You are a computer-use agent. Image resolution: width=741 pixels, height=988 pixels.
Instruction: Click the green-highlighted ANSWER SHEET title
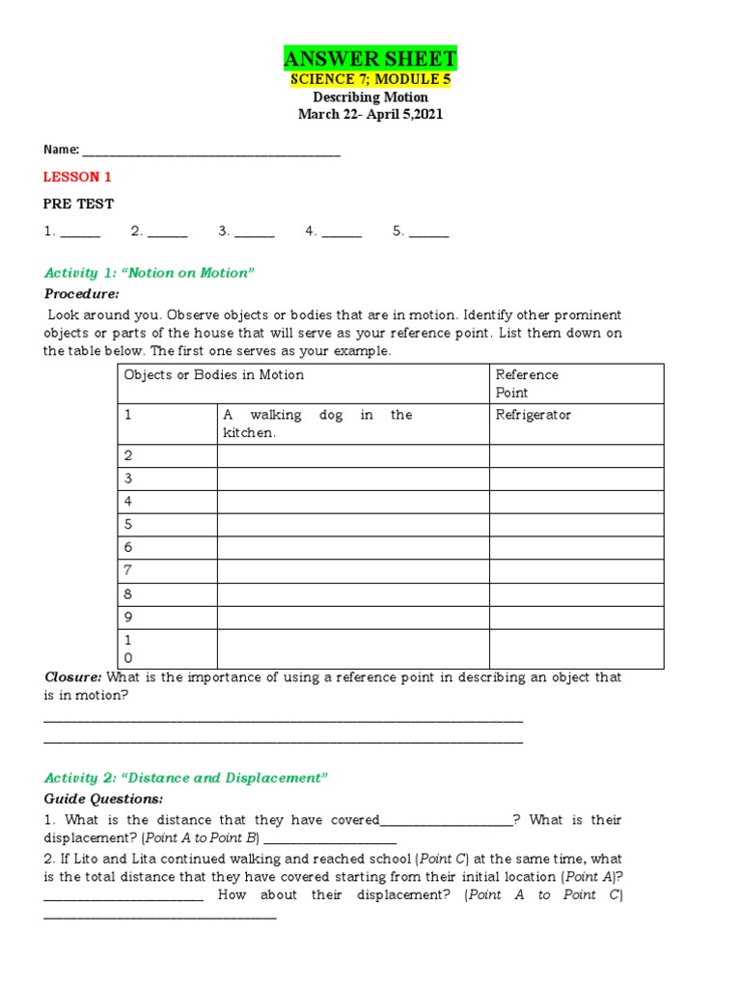(x=370, y=59)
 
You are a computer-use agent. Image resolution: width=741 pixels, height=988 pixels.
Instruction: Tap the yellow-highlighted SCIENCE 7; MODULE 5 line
(x=370, y=79)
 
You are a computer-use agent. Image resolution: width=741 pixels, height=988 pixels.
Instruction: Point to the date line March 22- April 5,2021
(x=370, y=115)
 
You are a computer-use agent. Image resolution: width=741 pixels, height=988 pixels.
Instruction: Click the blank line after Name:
(x=211, y=151)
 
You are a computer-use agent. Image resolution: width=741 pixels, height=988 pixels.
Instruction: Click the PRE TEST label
(x=79, y=204)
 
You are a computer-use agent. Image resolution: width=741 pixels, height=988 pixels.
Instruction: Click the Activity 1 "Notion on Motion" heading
(x=149, y=273)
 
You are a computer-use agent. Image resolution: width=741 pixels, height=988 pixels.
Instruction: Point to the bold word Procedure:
(x=82, y=293)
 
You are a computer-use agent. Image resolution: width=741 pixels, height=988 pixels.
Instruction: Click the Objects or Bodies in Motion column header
(x=214, y=374)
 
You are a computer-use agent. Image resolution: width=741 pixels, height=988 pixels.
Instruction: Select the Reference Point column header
(x=527, y=383)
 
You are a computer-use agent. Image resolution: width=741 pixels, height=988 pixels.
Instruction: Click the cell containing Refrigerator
(x=534, y=415)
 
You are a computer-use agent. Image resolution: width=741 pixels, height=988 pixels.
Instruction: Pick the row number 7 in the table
(x=128, y=571)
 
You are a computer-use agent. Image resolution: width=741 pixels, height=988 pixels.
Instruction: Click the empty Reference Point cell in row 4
(x=576, y=502)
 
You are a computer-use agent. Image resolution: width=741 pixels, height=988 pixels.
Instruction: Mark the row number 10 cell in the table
(x=128, y=649)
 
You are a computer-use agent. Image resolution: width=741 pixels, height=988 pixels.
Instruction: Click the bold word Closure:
(x=73, y=677)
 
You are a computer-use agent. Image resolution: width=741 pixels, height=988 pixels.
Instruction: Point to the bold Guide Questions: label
(x=104, y=799)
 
